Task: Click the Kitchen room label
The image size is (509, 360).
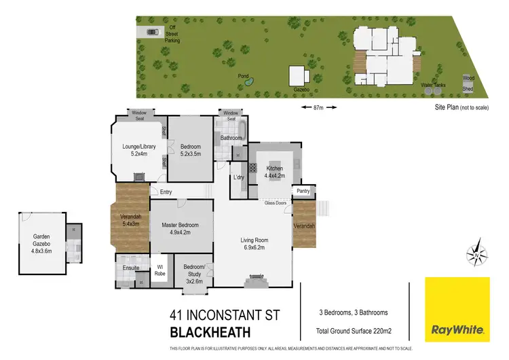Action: click(274, 171)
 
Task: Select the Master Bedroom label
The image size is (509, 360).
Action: click(180, 229)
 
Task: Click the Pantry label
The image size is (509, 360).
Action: click(303, 191)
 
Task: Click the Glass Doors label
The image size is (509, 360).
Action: click(275, 202)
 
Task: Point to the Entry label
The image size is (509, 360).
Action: click(166, 192)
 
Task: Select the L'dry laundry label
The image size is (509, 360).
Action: click(238, 177)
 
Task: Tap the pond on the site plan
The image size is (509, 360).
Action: click(249, 82)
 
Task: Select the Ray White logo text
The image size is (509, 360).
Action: click(457, 331)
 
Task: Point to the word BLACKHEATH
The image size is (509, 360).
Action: click(210, 332)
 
